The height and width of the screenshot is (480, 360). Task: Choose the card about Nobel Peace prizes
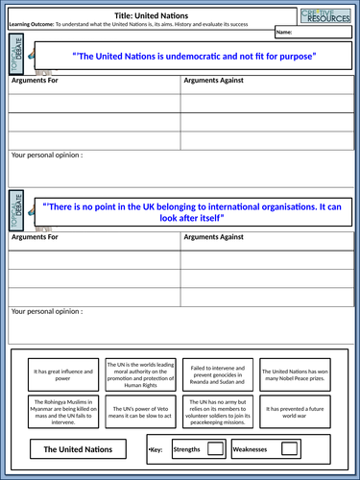(x=296, y=372)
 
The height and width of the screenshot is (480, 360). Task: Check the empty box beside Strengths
(x=216, y=448)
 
